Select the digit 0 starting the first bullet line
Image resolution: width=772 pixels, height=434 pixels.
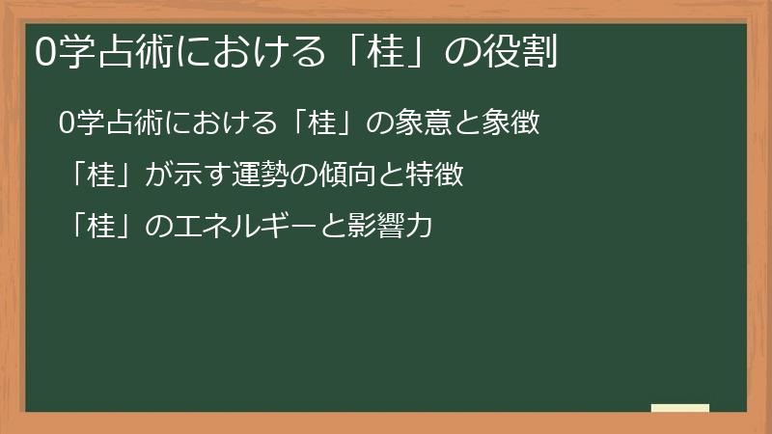tap(66, 124)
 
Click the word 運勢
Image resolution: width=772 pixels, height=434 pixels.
tap(255, 176)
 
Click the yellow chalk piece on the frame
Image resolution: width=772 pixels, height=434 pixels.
tap(680, 408)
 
